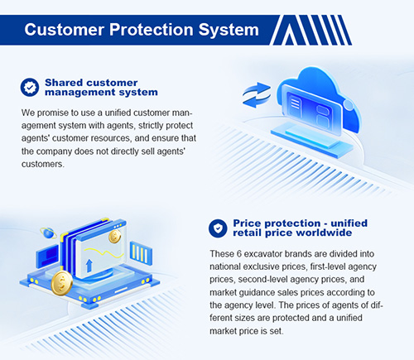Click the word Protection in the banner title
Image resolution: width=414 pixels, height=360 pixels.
(152, 29)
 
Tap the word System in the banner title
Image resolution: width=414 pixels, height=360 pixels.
(229, 30)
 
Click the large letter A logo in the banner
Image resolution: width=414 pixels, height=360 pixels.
(289, 31)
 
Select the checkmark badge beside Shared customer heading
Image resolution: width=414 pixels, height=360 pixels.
(30, 87)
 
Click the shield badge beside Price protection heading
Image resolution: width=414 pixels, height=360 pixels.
(218, 228)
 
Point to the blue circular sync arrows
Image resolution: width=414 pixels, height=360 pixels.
(257, 95)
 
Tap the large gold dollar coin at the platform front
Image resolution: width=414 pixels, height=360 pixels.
(62, 283)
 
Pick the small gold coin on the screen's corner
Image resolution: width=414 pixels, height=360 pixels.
(114, 237)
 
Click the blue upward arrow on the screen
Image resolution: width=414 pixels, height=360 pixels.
(89, 266)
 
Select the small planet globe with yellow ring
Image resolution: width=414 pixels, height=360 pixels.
(48, 233)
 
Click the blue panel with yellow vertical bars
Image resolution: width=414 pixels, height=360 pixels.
(141, 253)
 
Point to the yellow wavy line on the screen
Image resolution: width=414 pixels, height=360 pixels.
(103, 253)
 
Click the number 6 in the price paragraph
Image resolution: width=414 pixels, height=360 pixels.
(239, 254)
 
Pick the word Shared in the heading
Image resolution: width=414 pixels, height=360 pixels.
(64, 83)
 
